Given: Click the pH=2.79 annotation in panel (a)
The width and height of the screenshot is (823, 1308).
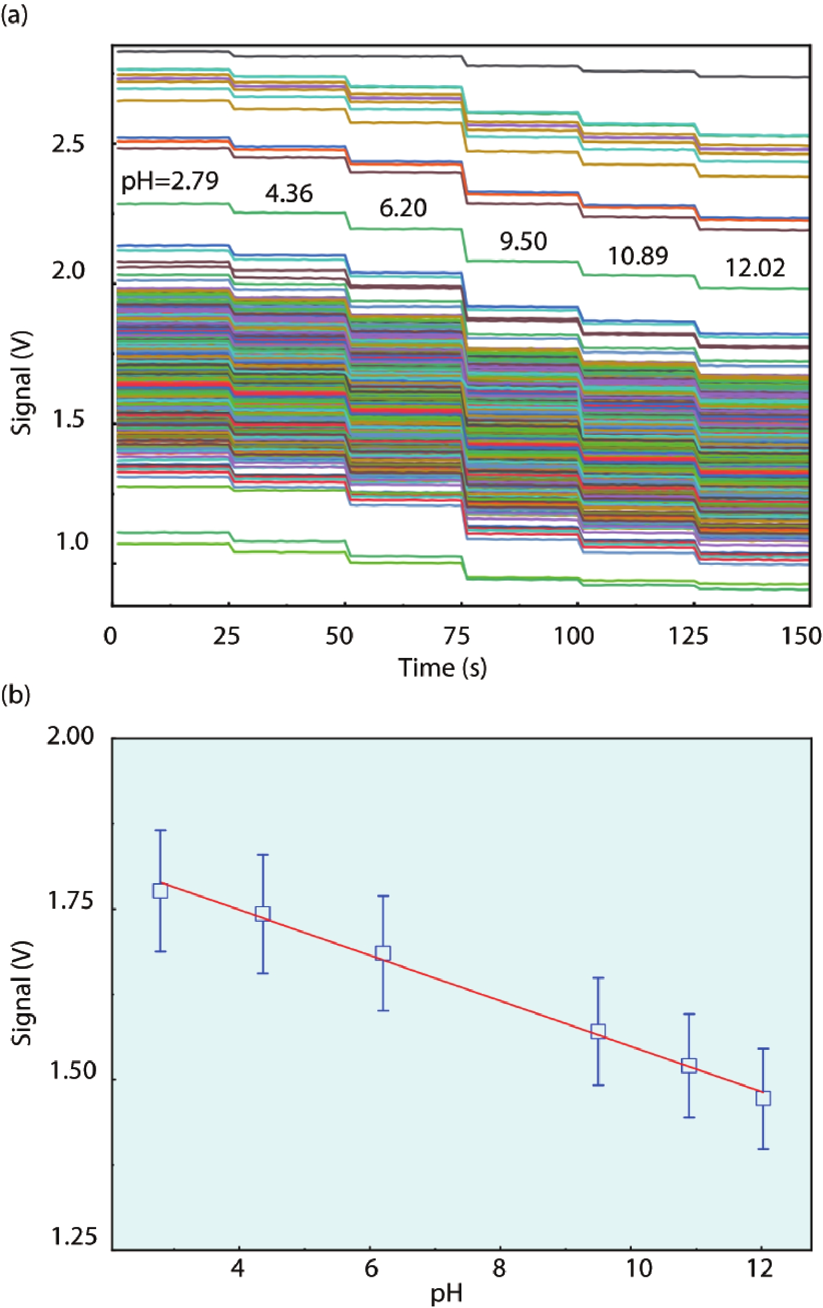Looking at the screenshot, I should tap(169, 181).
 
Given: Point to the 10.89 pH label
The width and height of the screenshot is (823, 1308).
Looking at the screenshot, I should tap(637, 256).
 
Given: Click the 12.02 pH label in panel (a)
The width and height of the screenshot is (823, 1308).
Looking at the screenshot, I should tap(755, 268).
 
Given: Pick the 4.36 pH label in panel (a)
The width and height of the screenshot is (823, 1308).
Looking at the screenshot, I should tap(289, 193).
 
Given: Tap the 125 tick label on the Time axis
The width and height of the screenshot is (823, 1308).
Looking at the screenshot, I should tap(688, 636).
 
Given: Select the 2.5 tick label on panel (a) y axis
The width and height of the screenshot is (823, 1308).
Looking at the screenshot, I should tap(68, 145).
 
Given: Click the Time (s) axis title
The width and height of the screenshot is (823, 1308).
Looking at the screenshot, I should tap(443, 667).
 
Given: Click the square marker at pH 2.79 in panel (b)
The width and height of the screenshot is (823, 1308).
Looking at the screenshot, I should tap(160, 892).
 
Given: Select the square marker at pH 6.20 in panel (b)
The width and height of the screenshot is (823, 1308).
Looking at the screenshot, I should tap(383, 953).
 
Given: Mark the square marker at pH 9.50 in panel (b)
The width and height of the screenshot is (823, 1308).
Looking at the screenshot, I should tap(598, 1032).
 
